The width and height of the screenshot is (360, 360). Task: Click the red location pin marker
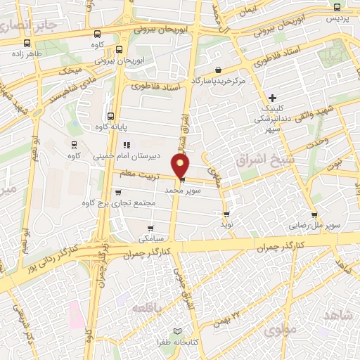click(x=181, y=166)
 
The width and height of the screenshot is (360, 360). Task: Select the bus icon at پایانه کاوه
click(x=110, y=117)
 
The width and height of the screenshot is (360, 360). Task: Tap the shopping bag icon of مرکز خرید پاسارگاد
click(x=219, y=70)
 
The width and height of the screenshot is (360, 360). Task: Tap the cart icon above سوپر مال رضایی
click(x=314, y=216)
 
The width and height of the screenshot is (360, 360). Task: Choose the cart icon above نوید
click(x=226, y=214)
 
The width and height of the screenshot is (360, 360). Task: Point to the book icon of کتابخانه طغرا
click(x=177, y=330)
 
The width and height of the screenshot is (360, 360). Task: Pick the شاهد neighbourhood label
click(x=340, y=316)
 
